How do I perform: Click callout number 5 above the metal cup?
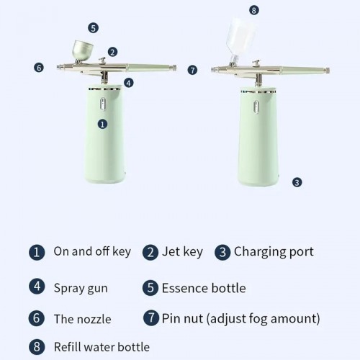click(93, 27)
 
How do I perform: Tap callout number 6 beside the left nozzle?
click(39, 68)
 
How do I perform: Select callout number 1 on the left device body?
click(102, 124)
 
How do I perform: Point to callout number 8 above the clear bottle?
click(253, 10)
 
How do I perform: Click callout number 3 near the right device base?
click(297, 182)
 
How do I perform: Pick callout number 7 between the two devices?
click(192, 70)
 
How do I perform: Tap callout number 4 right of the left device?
click(128, 83)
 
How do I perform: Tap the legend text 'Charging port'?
click(274, 252)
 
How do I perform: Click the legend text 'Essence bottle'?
click(204, 289)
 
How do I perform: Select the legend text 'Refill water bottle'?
click(102, 347)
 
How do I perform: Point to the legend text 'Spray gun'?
click(81, 289)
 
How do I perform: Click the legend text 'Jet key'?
click(183, 252)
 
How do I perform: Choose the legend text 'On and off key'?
click(92, 252)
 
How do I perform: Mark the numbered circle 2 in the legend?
click(150, 253)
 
